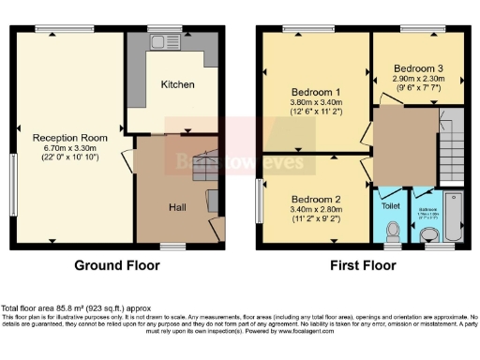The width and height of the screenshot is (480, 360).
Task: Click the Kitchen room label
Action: tap(177, 84)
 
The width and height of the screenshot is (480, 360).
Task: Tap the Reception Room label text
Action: tap(69, 138)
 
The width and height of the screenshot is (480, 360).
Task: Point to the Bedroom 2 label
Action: tap(315, 200)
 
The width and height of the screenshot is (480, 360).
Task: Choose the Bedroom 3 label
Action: tap(412, 68)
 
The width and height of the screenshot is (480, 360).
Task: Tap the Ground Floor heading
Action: tap(117, 265)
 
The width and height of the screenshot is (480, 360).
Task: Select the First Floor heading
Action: tap(361, 265)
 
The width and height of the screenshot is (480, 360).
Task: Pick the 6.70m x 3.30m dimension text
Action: tap(69, 148)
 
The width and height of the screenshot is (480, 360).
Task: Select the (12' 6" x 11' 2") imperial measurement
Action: tap(315, 112)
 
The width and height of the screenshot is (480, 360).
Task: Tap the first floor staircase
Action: tap(453, 149)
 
